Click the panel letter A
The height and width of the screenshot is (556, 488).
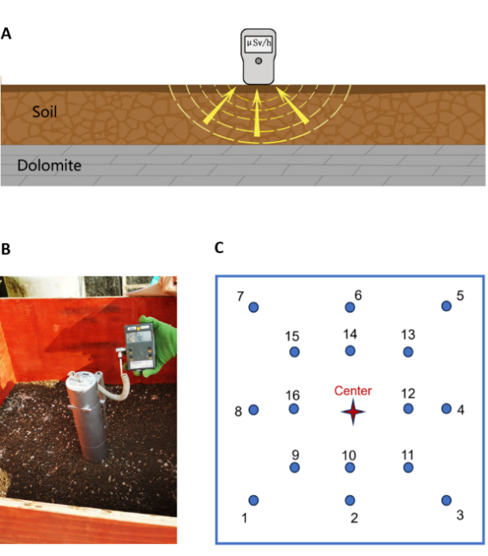[x=6, y=33]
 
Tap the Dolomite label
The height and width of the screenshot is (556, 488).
[x=49, y=167]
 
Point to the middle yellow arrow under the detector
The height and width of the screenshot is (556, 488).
[x=257, y=111]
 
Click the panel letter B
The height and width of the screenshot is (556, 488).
[x=6, y=249]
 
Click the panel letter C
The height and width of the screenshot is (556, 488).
[x=219, y=248]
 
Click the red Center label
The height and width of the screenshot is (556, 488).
[x=353, y=391]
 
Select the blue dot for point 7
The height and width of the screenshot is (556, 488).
[x=254, y=307]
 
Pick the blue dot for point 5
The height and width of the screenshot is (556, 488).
[x=446, y=306]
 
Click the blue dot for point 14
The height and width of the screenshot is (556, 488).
[x=350, y=351]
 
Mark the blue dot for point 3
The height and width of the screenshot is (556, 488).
[x=446, y=500]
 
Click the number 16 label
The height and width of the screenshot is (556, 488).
[x=293, y=395]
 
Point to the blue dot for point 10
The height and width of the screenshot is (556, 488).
[x=350, y=468]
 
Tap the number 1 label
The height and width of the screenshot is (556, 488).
[x=246, y=518]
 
